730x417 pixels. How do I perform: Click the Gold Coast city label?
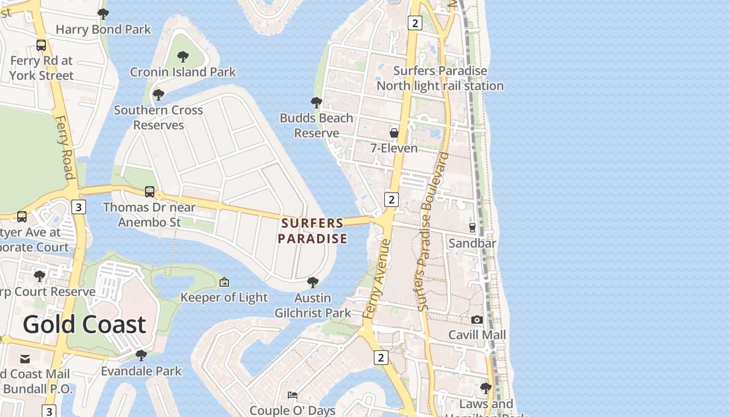coord(84,324)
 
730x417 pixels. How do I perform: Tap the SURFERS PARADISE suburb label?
coord(312,231)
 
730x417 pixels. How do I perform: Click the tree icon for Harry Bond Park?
coord(103,14)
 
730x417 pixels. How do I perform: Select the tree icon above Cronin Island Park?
coord(182,56)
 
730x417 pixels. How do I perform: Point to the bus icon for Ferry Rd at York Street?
coord(41,45)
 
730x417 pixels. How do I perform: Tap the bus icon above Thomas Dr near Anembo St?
coord(150,192)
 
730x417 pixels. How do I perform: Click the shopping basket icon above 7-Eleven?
coord(394,133)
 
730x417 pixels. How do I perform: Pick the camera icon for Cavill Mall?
coord(477,320)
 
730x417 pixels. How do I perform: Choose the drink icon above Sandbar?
coord(472,228)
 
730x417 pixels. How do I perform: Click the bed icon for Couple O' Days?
coord(293,395)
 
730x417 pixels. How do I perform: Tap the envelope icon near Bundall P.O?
coord(25,359)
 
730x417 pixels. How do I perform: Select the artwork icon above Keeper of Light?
coord(224,282)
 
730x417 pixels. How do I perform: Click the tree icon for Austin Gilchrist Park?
coord(313,283)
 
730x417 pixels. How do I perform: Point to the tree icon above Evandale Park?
coord(141,355)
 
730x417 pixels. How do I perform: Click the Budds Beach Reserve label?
coord(317,126)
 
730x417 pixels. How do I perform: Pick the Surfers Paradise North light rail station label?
coord(440,78)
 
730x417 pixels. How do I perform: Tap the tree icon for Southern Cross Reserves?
coord(159,95)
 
